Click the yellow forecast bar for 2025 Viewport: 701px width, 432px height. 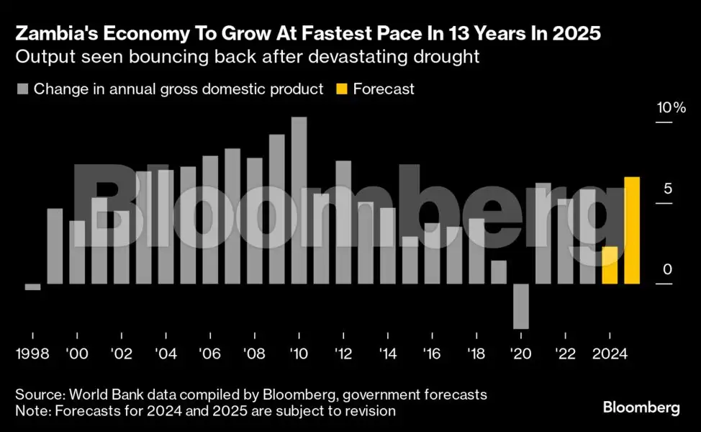coord(632,230)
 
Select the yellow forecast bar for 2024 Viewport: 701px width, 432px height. coord(610,266)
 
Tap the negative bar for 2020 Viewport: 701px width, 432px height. coord(521,306)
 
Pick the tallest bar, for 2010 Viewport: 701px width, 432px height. coord(299,201)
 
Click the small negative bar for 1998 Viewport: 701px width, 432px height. coord(32,287)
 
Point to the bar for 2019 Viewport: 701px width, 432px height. coord(499,272)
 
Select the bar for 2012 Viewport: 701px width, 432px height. coord(343,222)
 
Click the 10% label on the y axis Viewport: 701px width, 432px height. coord(671,108)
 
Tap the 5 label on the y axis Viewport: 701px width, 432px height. coord(667,189)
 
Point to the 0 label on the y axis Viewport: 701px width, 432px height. coord(667,270)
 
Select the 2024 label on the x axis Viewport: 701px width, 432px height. coord(610,354)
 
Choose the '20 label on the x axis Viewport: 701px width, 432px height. coord(520,354)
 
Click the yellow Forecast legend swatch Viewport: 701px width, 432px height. coord(341,89)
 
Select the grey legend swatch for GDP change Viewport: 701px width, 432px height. coord(22,89)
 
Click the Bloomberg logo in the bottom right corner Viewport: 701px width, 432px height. coord(641,408)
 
